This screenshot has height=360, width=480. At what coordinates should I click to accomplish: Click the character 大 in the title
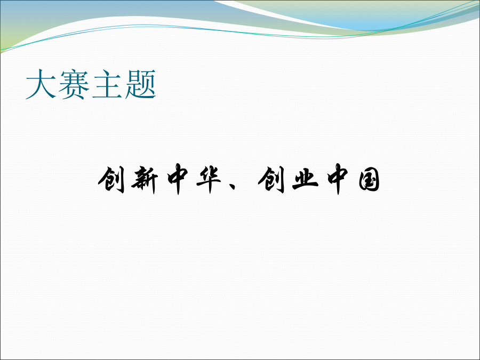coord(41,84)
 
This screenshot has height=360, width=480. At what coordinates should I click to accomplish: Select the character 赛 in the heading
coord(74,84)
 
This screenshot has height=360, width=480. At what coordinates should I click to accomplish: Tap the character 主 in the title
coord(107,84)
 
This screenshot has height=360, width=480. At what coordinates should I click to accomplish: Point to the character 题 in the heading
coord(140,84)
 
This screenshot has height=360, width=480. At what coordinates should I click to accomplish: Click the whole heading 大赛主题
coord(91,84)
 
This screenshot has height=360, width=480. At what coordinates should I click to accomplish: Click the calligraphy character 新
coord(145,180)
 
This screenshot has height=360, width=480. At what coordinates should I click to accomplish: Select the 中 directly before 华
coord(178,179)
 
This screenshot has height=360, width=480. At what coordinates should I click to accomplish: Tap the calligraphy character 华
coord(209,180)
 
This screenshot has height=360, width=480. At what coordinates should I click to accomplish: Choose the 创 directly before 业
coord(271,180)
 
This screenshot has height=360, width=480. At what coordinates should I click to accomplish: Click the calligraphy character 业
coord(305,179)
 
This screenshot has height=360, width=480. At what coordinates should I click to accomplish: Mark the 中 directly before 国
coord(338,179)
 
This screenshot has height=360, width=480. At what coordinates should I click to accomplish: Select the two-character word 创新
coord(128,180)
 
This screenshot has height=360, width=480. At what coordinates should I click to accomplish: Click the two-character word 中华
coord(194,179)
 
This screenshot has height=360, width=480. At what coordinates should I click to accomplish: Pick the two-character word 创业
coord(288,180)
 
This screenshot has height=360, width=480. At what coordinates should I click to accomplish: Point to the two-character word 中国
coord(354,179)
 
